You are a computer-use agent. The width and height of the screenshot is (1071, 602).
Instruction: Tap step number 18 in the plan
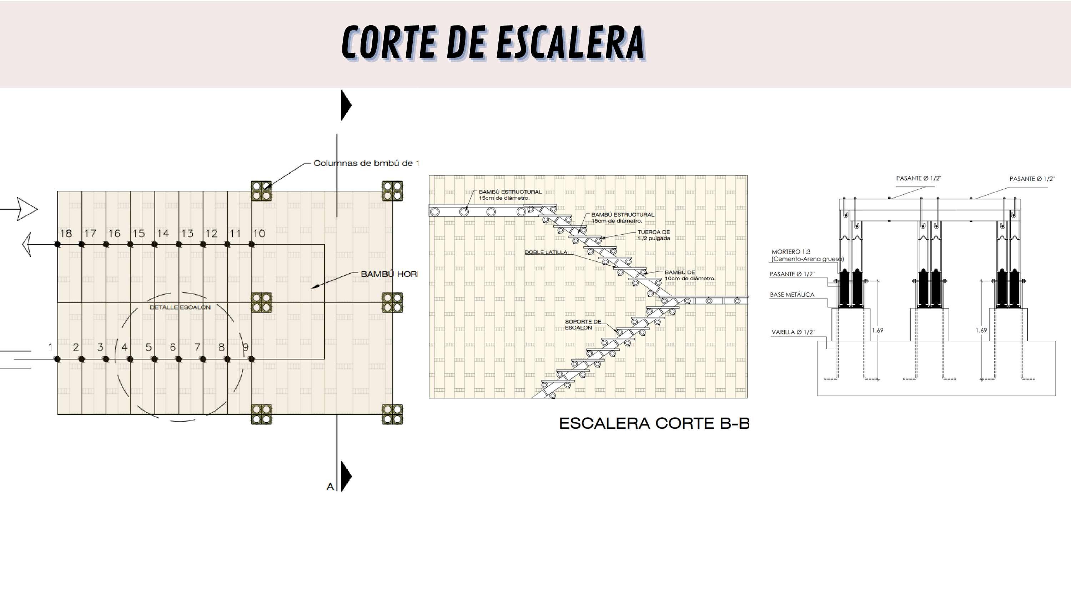66,234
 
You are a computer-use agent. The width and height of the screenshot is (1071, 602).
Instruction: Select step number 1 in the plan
50,347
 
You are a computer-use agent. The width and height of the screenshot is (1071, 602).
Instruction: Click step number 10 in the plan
259,234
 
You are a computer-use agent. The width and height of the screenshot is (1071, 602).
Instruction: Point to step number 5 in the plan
149,347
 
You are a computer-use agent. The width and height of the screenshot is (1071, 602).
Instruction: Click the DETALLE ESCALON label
180,307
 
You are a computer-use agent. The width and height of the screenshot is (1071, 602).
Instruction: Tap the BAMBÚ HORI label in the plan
389,274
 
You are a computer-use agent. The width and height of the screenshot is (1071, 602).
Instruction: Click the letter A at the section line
330,486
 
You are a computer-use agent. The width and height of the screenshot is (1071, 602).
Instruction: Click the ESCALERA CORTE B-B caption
654,423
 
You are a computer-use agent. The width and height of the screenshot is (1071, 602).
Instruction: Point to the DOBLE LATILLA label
545,252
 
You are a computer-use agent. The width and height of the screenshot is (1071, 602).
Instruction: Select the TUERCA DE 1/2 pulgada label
654,235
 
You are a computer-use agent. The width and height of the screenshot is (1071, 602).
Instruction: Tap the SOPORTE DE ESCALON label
583,325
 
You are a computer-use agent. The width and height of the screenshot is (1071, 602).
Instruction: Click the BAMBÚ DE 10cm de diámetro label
689,275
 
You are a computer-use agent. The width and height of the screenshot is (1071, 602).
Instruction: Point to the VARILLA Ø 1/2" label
793,332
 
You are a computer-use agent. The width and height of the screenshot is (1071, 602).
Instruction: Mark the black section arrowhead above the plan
346,105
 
